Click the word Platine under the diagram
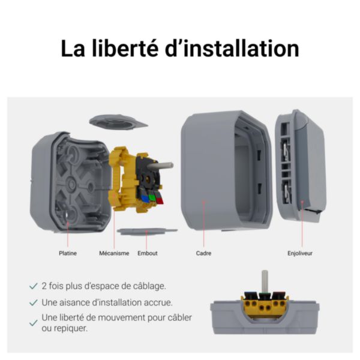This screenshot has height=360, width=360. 68,253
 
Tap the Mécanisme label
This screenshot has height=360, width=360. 114,253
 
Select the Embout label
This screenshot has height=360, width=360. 148,253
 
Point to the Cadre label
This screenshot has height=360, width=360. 203,253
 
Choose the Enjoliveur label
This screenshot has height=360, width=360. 300,253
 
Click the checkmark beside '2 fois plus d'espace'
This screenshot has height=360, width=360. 34,286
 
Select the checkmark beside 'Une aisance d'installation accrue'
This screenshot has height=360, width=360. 34,302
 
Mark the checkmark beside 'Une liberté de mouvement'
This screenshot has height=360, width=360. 34,323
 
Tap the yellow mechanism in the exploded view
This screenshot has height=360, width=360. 120,180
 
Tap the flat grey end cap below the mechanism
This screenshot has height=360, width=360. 147,230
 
